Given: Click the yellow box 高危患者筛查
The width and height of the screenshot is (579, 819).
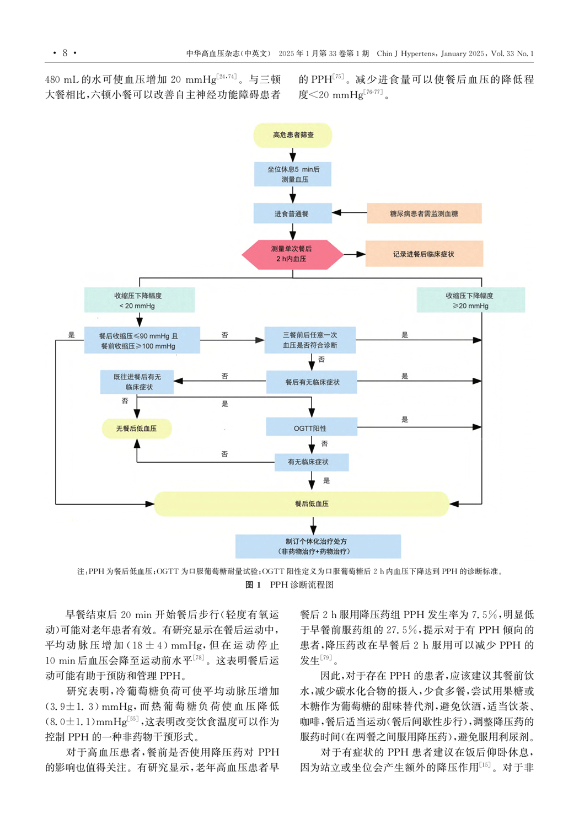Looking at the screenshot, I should [293, 135].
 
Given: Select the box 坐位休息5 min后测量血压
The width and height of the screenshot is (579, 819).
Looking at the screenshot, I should [293, 174].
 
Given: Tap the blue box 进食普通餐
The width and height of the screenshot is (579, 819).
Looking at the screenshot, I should [292, 213].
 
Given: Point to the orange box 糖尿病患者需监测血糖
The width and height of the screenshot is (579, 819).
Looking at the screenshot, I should [423, 213].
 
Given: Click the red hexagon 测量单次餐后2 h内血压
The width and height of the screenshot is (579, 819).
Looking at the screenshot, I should [292, 254].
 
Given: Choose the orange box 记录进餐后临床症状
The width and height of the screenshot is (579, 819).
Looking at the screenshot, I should [423, 254].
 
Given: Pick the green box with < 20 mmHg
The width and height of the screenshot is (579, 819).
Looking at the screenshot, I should [139, 301].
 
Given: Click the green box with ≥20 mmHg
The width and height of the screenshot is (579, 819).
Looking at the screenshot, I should [470, 301].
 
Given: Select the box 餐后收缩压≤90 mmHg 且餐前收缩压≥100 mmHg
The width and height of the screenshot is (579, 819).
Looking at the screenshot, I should [141, 340].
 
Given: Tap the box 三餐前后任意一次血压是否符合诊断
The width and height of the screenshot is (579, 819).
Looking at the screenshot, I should [310, 340].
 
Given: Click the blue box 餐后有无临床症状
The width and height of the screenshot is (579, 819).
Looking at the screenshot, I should [312, 382].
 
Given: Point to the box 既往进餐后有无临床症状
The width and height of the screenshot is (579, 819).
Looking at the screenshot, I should [137, 382].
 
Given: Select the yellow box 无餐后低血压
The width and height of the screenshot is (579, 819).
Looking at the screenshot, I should [137, 429].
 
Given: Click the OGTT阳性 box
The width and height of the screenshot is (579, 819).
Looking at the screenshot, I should [311, 428].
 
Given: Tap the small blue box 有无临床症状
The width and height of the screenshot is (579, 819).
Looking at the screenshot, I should [311, 462].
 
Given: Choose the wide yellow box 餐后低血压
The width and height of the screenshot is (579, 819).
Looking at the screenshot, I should [301, 504].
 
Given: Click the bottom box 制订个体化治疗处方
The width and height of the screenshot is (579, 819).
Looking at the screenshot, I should [318, 546].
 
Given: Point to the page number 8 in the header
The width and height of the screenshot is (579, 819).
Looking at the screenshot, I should [65, 53].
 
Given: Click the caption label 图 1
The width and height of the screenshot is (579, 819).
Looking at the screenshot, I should [253, 585].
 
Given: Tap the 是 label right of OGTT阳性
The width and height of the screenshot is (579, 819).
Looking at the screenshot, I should [405, 420].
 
